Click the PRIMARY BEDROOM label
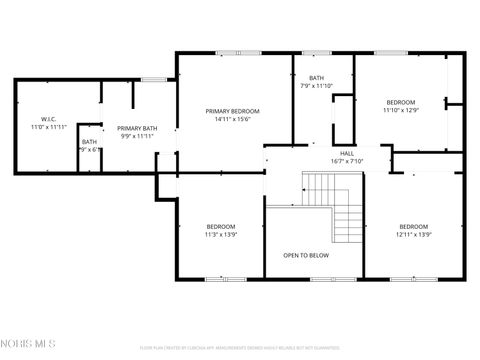(232, 111)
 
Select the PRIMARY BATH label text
(136, 128)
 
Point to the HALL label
(347, 153)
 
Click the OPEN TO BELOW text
(306, 255)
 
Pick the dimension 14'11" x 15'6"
(232, 120)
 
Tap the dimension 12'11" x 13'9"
(413, 234)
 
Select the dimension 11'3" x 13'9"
(220, 234)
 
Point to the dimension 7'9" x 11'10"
(316, 86)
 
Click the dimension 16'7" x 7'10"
(347, 161)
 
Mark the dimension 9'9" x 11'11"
(136, 136)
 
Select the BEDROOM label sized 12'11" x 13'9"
(413, 226)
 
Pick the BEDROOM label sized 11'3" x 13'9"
(220, 226)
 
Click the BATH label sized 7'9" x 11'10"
(316, 78)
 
